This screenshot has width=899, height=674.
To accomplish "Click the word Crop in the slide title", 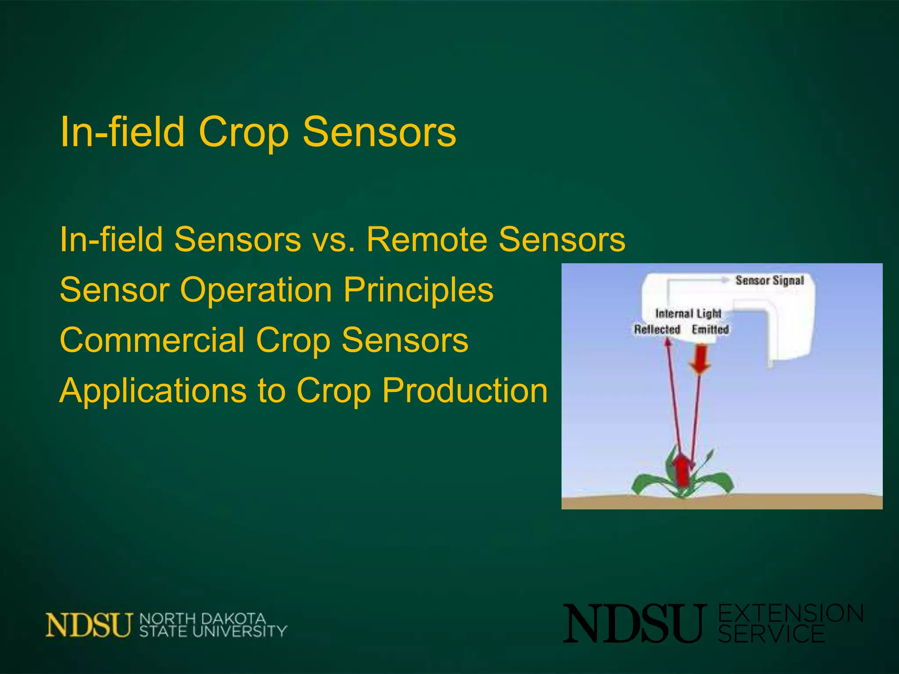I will (x=244, y=133).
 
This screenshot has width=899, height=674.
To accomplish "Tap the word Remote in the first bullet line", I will (x=426, y=240).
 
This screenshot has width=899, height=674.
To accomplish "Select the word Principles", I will (x=418, y=290).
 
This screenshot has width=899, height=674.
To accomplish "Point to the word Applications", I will (x=153, y=390).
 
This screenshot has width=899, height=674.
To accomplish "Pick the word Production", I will (x=464, y=390).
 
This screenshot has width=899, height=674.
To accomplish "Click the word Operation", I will (x=256, y=291).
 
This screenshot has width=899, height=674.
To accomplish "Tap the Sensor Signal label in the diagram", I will (x=770, y=280).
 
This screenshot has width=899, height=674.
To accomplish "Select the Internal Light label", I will (x=688, y=313).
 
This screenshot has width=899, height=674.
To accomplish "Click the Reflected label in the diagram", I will (x=657, y=330).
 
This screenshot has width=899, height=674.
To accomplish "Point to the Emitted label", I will (x=710, y=330).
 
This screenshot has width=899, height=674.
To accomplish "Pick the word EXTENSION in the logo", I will (x=791, y=613).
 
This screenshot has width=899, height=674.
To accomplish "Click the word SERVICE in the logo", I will (x=771, y=634).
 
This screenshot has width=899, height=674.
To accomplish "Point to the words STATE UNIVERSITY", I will (x=213, y=631).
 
